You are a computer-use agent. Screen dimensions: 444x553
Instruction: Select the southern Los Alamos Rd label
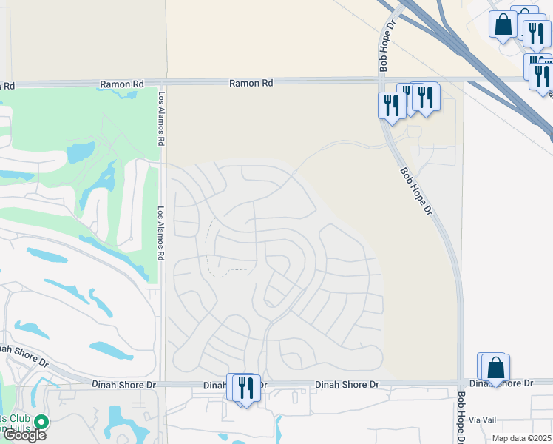[160, 233]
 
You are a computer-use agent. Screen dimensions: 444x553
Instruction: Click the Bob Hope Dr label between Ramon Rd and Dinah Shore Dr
[417, 190]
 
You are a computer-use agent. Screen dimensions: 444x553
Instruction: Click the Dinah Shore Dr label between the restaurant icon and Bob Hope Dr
[347, 385]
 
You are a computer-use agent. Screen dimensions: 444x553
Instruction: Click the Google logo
[24, 435]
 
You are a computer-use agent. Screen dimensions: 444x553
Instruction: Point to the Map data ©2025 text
[521, 438]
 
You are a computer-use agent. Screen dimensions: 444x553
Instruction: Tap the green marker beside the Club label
[41, 423]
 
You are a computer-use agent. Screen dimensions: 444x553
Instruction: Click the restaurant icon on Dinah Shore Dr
[246, 388]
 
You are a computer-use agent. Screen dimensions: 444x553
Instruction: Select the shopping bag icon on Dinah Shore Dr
[495, 368]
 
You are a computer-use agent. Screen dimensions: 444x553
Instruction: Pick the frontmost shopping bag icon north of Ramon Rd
[503, 24]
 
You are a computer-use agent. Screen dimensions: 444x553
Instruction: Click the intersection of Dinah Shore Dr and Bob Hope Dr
[460, 383]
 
